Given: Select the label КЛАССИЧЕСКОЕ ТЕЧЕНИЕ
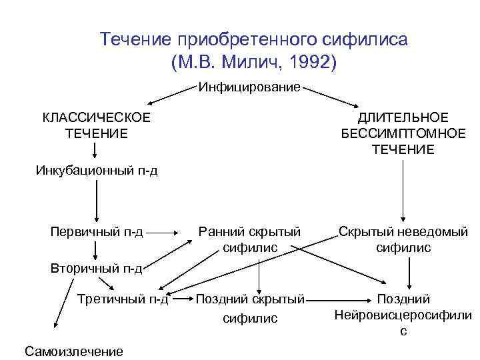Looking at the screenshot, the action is click(97, 125).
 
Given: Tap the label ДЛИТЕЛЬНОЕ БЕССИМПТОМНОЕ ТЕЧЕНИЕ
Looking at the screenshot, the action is click(403, 133).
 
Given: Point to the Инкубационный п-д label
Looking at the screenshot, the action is click(97, 171).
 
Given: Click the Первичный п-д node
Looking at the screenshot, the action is click(97, 232).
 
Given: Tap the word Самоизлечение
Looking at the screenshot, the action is click(73, 351).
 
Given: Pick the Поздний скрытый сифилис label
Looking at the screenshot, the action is click(250, 308).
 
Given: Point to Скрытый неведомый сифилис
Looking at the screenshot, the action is click(403, 239).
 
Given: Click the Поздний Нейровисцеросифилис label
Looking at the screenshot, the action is click(403, 314).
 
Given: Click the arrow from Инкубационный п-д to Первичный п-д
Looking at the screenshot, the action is click(97, 200).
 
